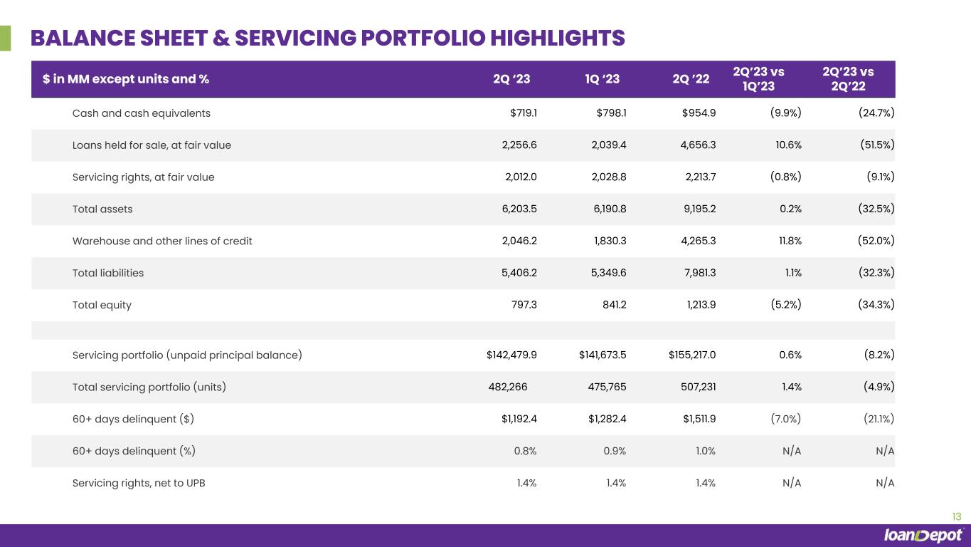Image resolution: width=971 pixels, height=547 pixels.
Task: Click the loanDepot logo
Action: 923,536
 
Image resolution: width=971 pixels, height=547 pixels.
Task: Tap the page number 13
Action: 956,516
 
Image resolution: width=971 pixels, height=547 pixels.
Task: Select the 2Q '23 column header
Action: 511,80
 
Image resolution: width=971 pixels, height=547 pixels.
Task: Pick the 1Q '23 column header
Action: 601,80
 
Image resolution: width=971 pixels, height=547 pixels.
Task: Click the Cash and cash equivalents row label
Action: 142,113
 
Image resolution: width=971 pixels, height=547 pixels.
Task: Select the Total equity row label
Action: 102,305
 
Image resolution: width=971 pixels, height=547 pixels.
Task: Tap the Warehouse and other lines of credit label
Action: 162,241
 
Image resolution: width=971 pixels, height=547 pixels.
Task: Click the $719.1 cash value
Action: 519,113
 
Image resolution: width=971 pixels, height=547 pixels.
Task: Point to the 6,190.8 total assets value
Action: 607,209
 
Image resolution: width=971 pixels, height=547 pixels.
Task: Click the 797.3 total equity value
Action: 523,305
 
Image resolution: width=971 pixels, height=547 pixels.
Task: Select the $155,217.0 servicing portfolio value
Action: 692,355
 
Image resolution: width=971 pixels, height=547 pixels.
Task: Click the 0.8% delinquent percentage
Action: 525,451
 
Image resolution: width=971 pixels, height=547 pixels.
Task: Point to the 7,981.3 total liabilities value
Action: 697,273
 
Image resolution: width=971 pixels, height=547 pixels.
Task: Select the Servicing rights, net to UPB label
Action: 139,483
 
